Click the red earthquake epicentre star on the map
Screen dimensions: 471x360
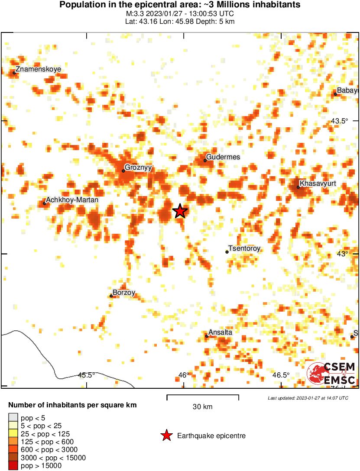[180, 211]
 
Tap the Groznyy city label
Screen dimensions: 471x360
[138, 168]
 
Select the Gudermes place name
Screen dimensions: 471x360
[223, 157]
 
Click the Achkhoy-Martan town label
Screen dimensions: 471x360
[72, 200]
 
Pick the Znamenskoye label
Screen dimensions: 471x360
[38, 69]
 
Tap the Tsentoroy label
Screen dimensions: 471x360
[244, 248]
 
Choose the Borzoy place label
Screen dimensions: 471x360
[124, 293]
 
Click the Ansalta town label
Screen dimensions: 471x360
[221, 332]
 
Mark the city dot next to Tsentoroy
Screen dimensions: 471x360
[227, 252]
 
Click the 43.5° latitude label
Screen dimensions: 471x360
[339, 121]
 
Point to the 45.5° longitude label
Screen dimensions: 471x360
[87, 375]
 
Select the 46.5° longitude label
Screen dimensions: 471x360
[281, 375]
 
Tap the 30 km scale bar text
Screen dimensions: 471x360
[202, 407]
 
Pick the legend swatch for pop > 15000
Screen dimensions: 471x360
[13, 465]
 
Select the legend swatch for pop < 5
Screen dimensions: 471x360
[13, 418]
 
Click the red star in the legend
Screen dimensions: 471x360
[166, 436]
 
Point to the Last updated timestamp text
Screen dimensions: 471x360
[308, 398]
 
